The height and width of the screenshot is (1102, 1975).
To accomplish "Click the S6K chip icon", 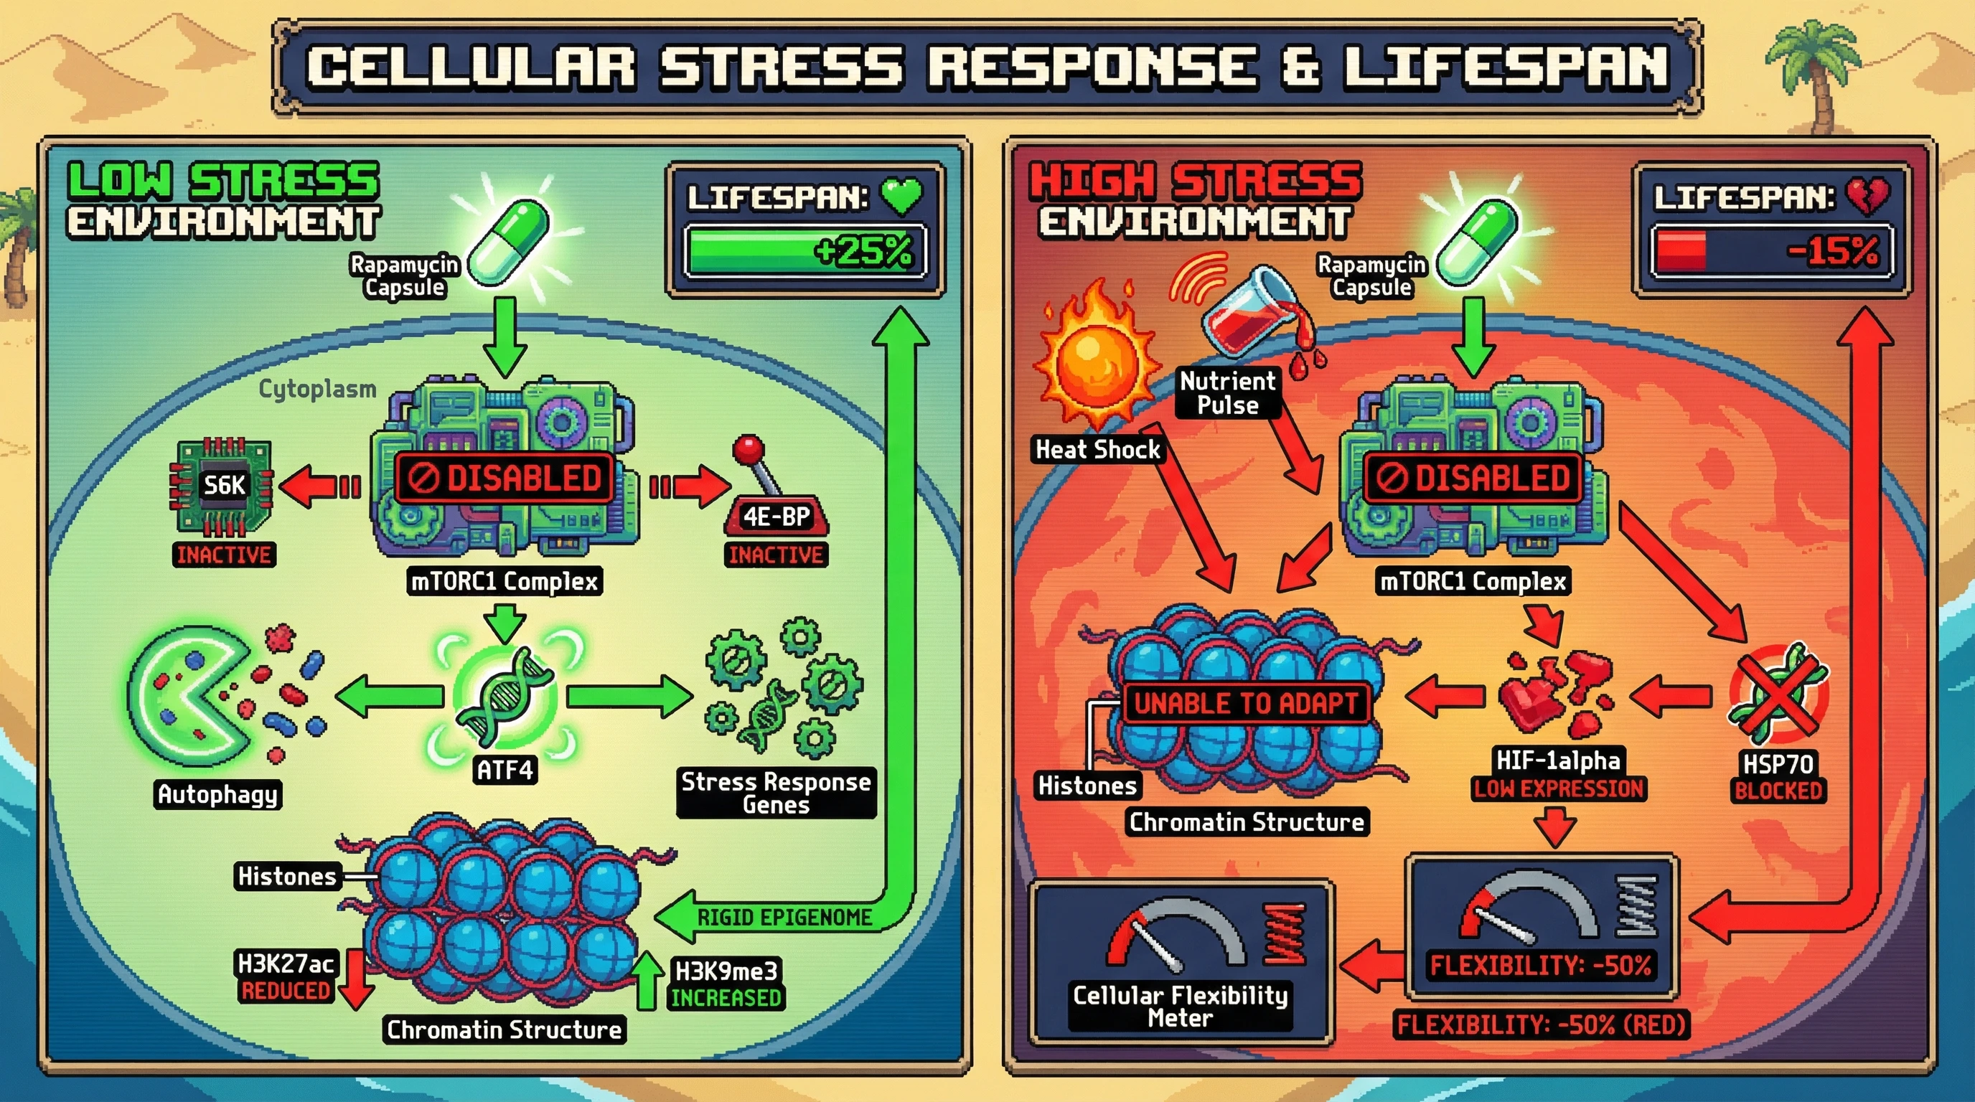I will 221,485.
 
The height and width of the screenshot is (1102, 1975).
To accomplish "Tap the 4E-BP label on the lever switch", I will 776,517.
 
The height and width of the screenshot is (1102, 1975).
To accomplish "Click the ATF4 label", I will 505,769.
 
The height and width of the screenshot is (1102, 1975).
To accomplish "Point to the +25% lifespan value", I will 863,251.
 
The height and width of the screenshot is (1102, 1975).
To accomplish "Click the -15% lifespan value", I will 1832,251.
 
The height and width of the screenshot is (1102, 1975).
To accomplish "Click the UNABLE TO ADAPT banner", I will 1245,702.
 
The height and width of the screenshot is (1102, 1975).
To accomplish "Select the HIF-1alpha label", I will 1558,760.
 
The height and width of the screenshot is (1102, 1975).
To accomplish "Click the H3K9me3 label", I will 726,971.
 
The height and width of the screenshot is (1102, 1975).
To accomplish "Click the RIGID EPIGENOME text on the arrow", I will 784,918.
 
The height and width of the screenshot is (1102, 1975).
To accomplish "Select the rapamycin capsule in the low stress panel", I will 509,241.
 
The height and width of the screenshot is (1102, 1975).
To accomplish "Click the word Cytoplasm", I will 316,390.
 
